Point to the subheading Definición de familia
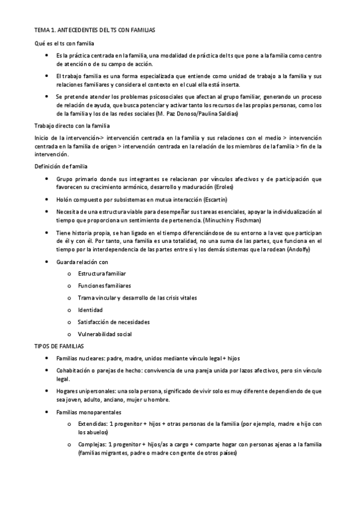[61, 165]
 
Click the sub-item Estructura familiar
[102, 274]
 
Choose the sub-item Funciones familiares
[104, 286]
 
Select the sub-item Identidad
[90, 310]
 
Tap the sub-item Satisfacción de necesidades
[114, 322]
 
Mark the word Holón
[64, 199]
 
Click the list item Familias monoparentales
[88, 412]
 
